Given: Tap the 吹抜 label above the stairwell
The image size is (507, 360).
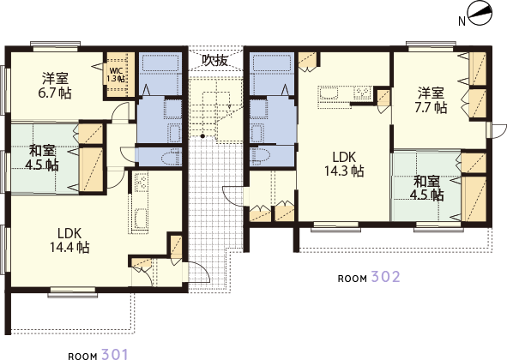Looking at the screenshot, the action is coord(215,60).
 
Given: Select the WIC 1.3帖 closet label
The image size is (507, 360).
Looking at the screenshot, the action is coord(116,75).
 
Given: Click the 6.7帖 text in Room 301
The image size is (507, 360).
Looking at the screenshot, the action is coord(55,93).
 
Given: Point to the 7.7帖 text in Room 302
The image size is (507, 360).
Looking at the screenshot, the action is coord(431,107).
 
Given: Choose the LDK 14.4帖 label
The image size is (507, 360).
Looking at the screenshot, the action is coord(69,240).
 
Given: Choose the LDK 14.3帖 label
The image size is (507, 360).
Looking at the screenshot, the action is coord(344,165).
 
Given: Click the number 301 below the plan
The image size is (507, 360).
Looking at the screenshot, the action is coord(115,354).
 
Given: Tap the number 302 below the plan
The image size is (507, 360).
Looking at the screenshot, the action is coord(385,277).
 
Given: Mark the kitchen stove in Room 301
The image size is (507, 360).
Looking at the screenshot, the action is coord(142,183).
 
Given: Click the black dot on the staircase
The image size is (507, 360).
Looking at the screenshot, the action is coord(202,135).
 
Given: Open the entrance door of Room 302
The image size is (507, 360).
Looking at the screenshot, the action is coord(233,195).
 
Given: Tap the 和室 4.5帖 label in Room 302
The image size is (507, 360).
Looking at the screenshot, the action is coord(427,189).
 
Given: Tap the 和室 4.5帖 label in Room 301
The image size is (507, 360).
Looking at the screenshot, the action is coord(42,158).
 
